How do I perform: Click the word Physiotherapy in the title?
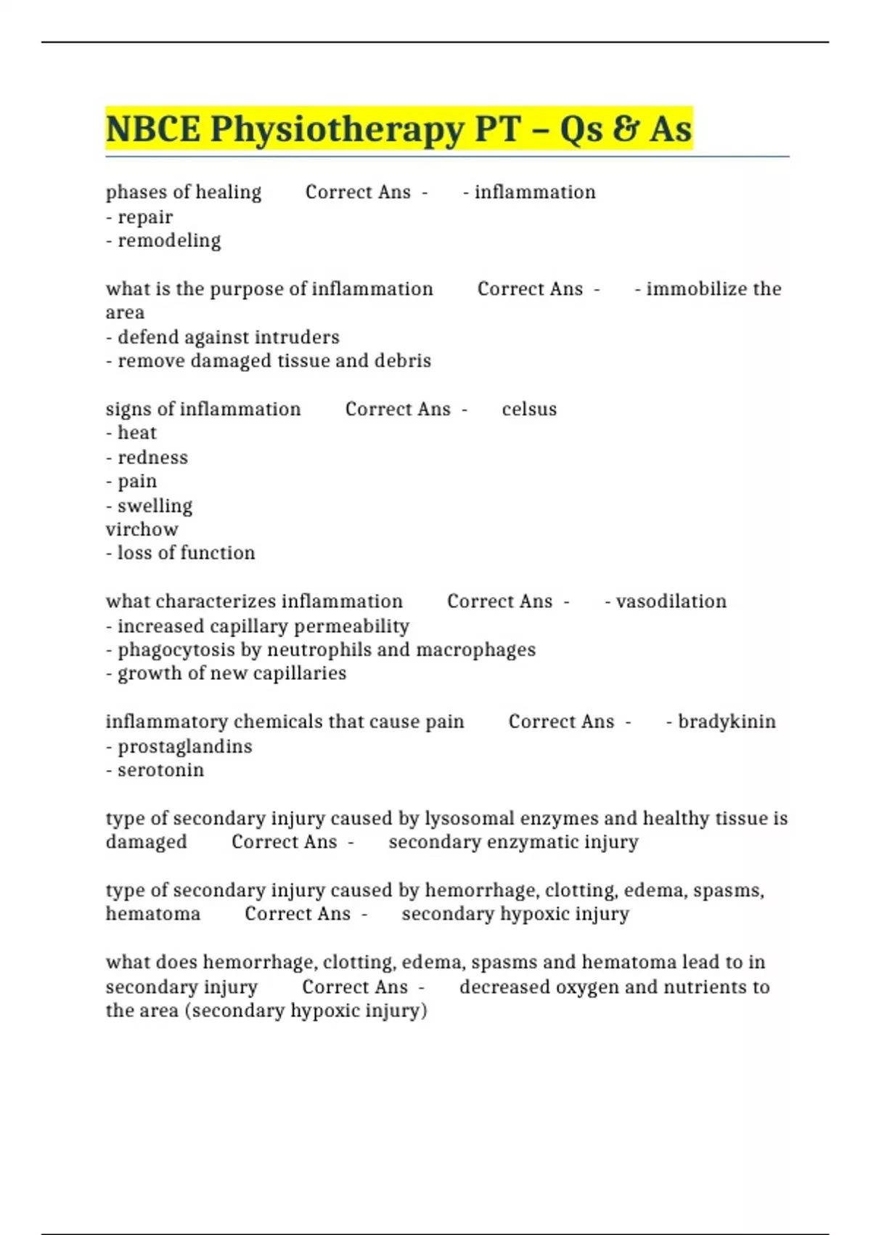338,129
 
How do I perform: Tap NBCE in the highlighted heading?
152,129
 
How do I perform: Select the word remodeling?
169,240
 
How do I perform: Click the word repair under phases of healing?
145,217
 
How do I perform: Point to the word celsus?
529,409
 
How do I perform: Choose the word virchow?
142,530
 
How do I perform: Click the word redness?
152,458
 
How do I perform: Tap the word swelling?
155,506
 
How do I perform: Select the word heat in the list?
137,433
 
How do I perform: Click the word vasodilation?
671,602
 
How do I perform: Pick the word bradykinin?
727,721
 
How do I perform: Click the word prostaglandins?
185,746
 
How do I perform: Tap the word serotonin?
160,770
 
